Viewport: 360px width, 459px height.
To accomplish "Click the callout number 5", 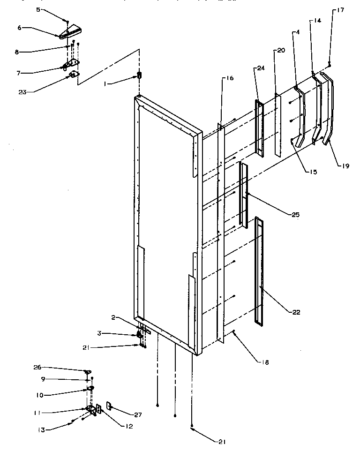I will pyautogui.click(x=38, y=9).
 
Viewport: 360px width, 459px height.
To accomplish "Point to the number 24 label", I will pyautogui.click(x=260, y=68).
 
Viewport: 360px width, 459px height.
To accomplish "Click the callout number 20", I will pyautogui.click(x=280, y=50).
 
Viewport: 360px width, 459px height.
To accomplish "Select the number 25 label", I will pyautogui.click(x=294, y=214).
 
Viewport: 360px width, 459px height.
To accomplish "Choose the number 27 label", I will pyautogui.click(x=138, y=415).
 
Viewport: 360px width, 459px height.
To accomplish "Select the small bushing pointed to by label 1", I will pyautogui.click(x=139, y=75).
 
